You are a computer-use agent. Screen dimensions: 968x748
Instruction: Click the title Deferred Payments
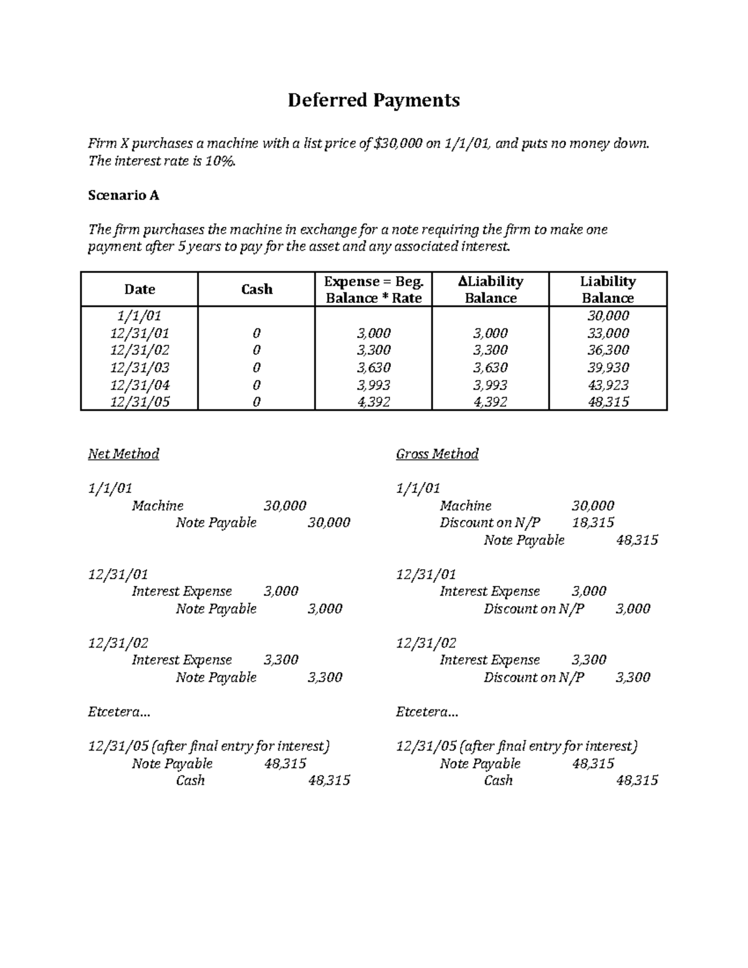[x=373, y=100]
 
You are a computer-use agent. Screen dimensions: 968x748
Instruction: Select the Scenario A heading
[x=123, y=195]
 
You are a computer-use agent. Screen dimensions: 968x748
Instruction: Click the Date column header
[x=139, y=289]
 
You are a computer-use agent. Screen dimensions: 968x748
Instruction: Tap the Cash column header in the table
[x=256, y=289]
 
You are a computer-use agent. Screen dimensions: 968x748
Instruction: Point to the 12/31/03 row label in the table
[x=139, y=368]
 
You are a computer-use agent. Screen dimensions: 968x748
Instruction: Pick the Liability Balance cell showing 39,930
[x=608, y=368]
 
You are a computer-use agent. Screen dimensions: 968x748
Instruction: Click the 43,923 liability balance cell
[x=608, y=385]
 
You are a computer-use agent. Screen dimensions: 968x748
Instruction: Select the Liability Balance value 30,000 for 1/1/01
[x=608, y=316]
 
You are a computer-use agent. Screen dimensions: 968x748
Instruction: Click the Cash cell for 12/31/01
[x=256, y=333]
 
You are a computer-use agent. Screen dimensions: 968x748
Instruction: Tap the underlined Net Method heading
[x=123, y=454]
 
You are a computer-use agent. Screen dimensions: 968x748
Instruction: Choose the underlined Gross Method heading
[x=437, y=454]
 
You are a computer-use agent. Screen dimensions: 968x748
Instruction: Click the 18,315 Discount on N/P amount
[x=593, y=522]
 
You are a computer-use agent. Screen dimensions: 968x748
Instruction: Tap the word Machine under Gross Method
[x=465, y=506]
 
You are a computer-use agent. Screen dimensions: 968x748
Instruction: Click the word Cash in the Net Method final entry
[x=190, y=780]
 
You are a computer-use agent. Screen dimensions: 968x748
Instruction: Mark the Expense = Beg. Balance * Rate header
[x=373, y=289]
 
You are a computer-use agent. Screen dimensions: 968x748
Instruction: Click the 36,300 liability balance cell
[x=608, y=350]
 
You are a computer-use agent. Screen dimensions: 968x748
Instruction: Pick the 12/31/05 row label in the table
[x=139, y=402]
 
